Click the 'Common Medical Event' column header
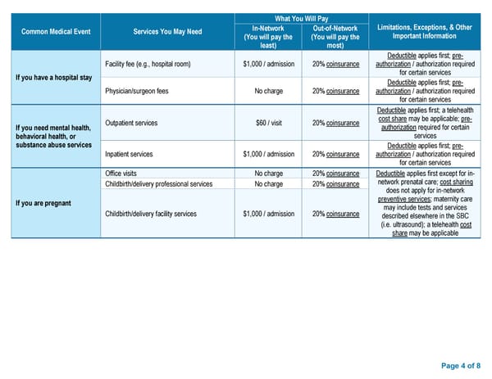57,31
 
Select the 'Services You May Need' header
167,31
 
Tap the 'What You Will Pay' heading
302,18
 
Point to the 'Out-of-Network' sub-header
335,28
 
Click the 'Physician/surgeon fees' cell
137,91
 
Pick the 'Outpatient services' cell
132,123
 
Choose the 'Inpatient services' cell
129,154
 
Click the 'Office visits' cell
121,174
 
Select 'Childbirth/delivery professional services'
159,184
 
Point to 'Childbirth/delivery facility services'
151,214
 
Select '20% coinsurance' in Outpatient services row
335,123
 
